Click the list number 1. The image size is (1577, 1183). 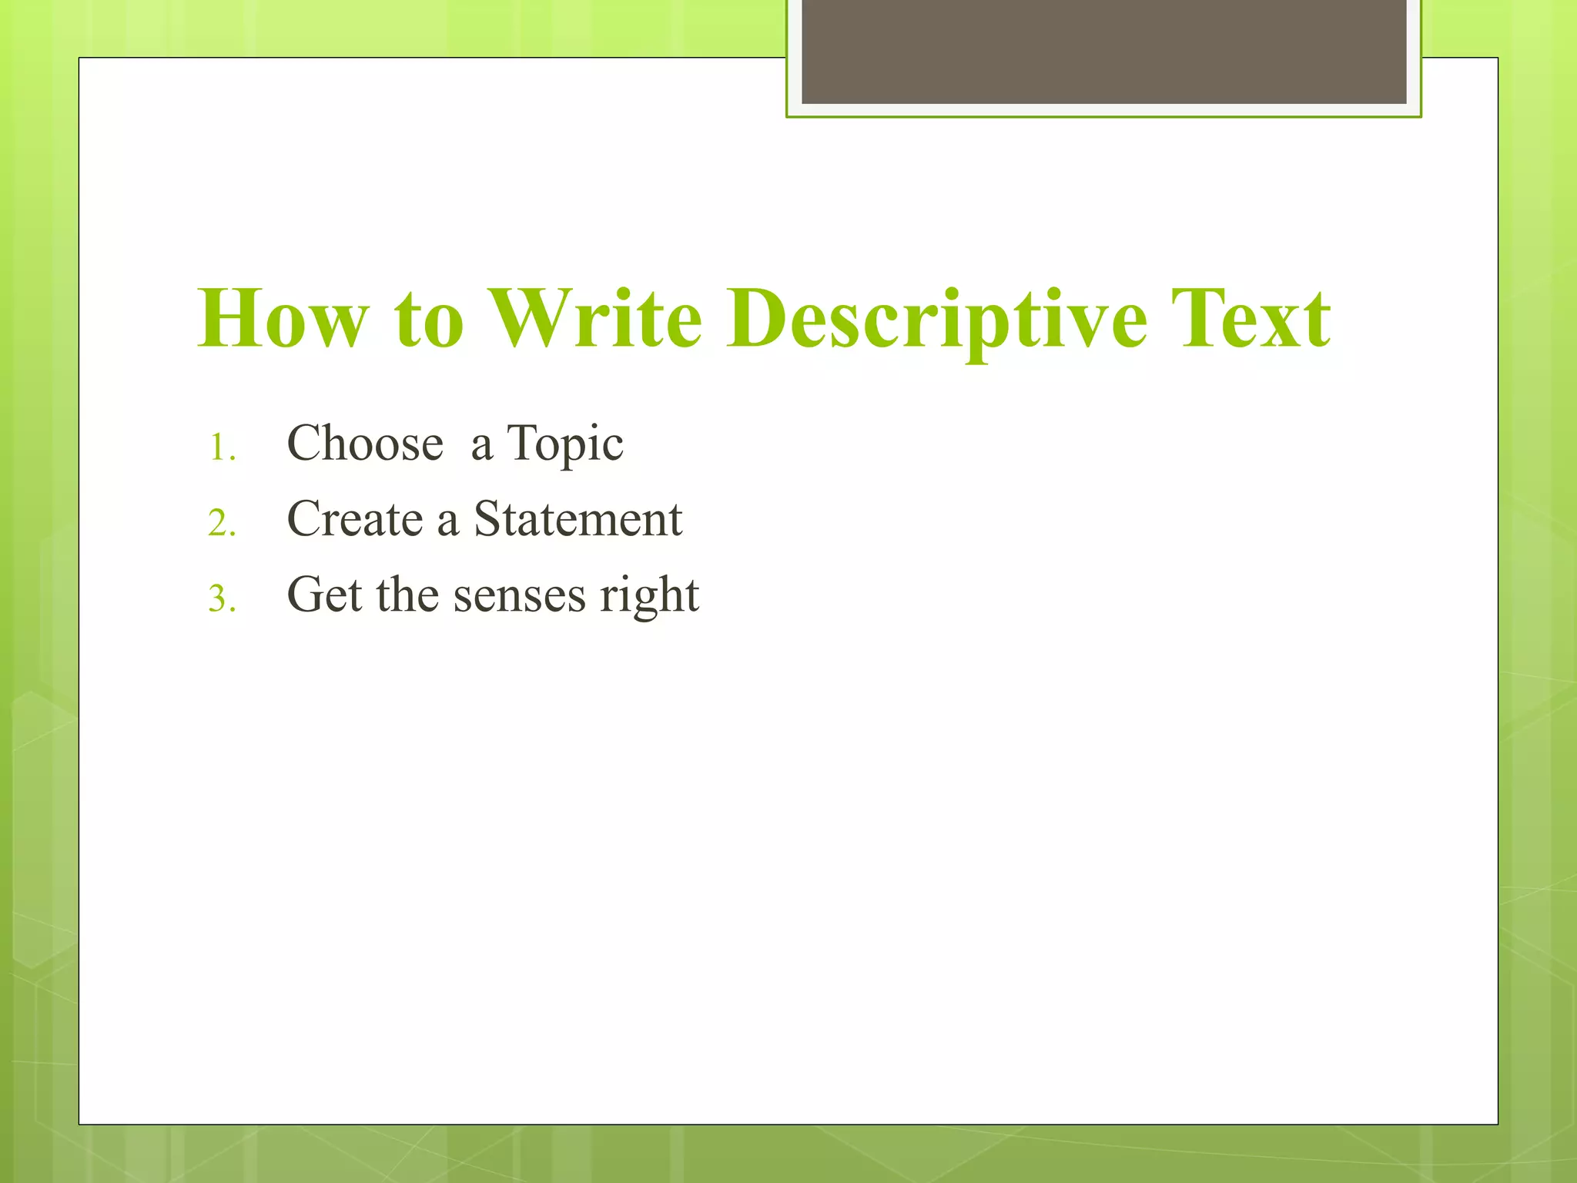(221, 447)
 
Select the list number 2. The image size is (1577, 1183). (221, 524)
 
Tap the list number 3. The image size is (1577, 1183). (221, 599)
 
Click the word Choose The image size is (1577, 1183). (365, 444)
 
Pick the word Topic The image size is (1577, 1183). (565, 445)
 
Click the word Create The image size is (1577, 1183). (355, 518)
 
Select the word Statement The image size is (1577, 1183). (578, 518)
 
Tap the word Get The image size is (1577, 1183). (323, 595)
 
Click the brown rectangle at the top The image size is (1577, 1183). (1103, 51)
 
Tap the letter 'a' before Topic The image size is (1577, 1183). (481, 447)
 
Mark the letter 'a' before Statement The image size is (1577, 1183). (447, 521)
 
